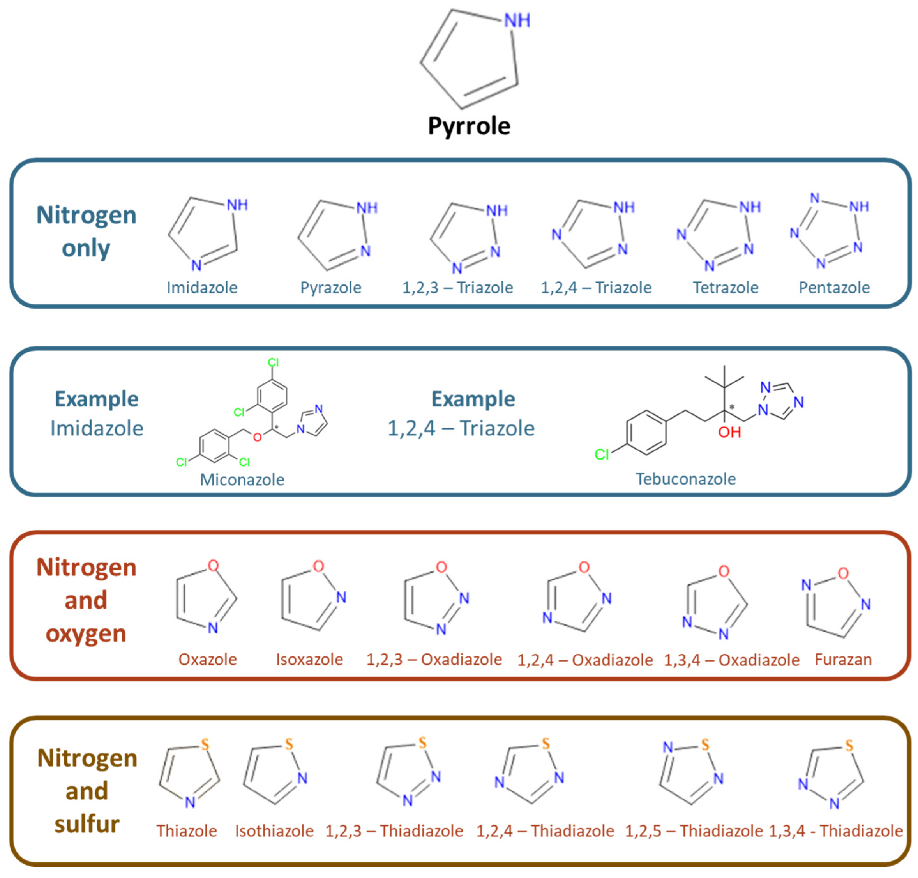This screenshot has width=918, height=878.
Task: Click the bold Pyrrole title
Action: coord(469,126)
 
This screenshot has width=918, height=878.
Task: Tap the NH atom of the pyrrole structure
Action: coord(516,20)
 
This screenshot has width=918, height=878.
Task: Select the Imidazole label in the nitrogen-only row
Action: coord(202,287)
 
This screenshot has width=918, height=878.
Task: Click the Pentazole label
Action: coord(834,287)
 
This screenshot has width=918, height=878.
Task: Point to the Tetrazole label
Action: coord(725,287)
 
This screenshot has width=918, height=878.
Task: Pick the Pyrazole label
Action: coord(331,287)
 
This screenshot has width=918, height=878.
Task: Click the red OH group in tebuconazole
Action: coord(729,432)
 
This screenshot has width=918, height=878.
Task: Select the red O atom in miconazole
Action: coord(257,437)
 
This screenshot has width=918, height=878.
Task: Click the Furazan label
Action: coord(843,659)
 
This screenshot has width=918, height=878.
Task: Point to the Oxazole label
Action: coord(207,659)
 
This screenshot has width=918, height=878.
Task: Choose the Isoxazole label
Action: coord(309,659)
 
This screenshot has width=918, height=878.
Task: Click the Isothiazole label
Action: coord(274,831)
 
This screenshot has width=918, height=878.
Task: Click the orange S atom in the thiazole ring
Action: coord(205,745)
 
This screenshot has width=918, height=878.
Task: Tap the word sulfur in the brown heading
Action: coord(87,824)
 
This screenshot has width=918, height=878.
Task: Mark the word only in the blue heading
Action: coord(86,248)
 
